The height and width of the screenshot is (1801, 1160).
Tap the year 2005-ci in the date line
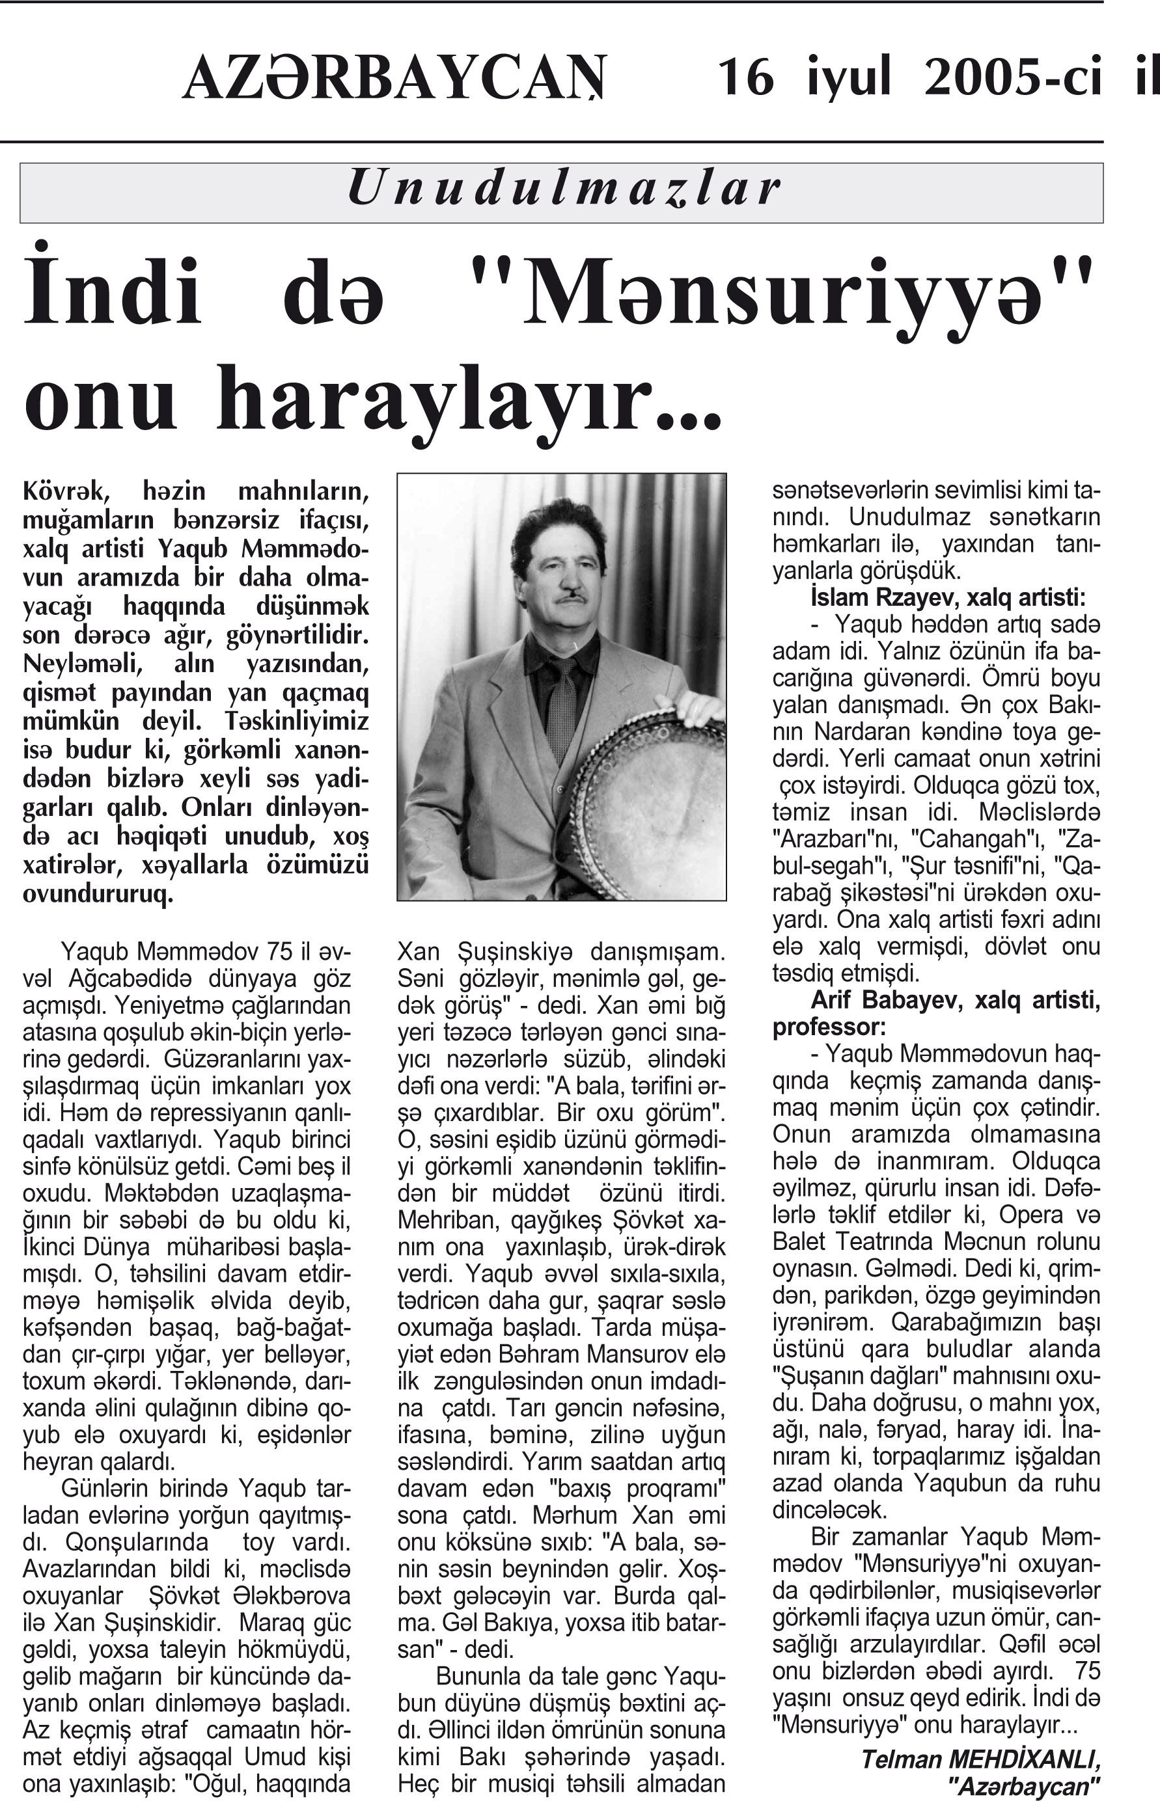[1013, 77]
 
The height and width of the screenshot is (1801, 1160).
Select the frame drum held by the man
[648, 798]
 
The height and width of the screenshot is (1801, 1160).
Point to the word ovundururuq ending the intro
[98, 894]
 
